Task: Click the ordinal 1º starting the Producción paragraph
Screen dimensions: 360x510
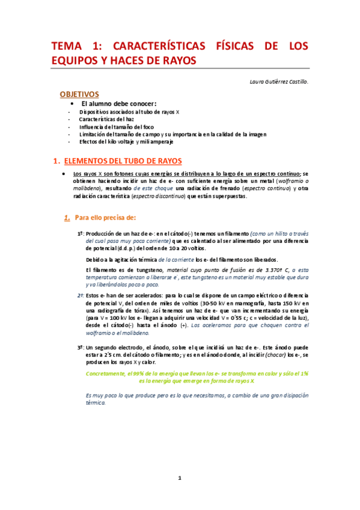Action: [81, 233]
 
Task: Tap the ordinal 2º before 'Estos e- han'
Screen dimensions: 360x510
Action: [81, 295]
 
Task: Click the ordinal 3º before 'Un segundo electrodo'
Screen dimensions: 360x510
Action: [81, 348]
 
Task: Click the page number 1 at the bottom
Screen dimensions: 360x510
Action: [179, 478]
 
